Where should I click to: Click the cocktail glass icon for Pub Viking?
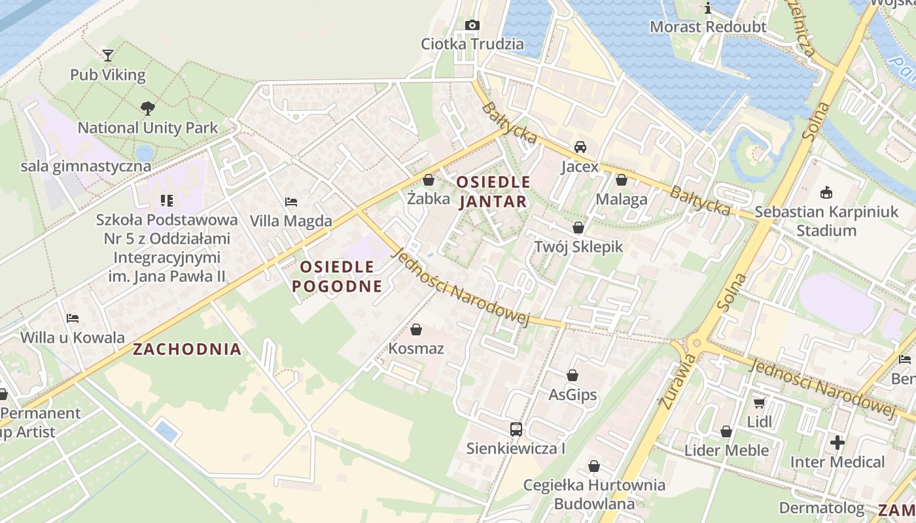click(x=108, y=56)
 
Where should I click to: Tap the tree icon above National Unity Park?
click(x=148, y=108)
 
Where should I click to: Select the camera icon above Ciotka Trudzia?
click(x=472, y=25)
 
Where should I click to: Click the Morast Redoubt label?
click(x=707, y=27)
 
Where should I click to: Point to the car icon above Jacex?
click(x=580, y=147)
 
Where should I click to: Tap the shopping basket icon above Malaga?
click(x=622, y=180)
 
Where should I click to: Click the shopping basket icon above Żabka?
click(x=429, y=179)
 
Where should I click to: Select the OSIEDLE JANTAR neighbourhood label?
click(x=493, y=192)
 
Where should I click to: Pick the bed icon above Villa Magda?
click(x=291, y=202)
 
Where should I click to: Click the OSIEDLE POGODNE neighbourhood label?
click(x=337, y=276)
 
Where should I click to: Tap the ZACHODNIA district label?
click(x=187, y=349)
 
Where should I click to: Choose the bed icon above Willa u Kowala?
click(x=73, y=318)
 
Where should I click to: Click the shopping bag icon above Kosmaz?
click(x=416, y=329)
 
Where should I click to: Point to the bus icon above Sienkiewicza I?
click(x=516, y=430)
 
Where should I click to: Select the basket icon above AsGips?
click(x=572, y=375)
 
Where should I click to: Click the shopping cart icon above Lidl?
click(x=759, y=403)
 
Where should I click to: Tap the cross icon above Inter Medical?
click(x=837, y=443)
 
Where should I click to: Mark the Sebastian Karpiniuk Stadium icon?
click(x=826, y=192)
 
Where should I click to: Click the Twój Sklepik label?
click(x=578, y=246)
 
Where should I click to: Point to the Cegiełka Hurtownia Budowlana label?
click(x=594, y=494)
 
